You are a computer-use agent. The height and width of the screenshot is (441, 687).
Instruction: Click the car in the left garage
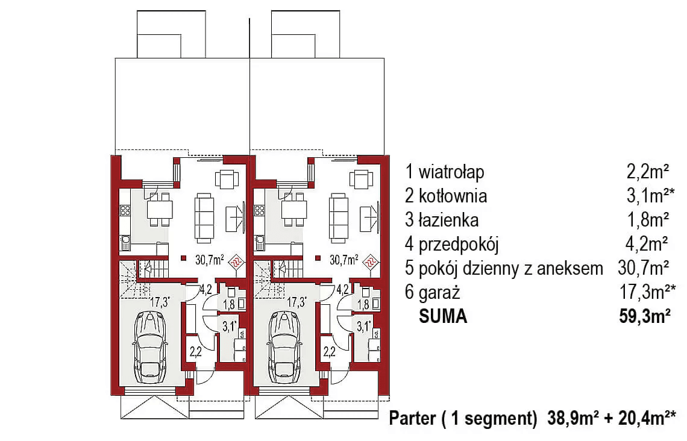150,347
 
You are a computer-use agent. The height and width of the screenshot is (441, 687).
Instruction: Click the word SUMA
443,317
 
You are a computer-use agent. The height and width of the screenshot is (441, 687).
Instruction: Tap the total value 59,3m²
645,317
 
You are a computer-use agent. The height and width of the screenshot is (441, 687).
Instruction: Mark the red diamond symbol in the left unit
237,260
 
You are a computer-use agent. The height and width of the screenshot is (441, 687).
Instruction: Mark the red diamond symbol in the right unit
371,260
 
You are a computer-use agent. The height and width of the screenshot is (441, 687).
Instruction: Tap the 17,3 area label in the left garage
160,302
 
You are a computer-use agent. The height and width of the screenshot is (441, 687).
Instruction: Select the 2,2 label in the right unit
329,352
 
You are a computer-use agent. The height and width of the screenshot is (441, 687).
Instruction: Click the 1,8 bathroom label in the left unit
228,305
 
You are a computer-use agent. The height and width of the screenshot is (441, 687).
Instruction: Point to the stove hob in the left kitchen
126,210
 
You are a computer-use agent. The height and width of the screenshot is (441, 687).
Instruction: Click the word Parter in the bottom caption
410,418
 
